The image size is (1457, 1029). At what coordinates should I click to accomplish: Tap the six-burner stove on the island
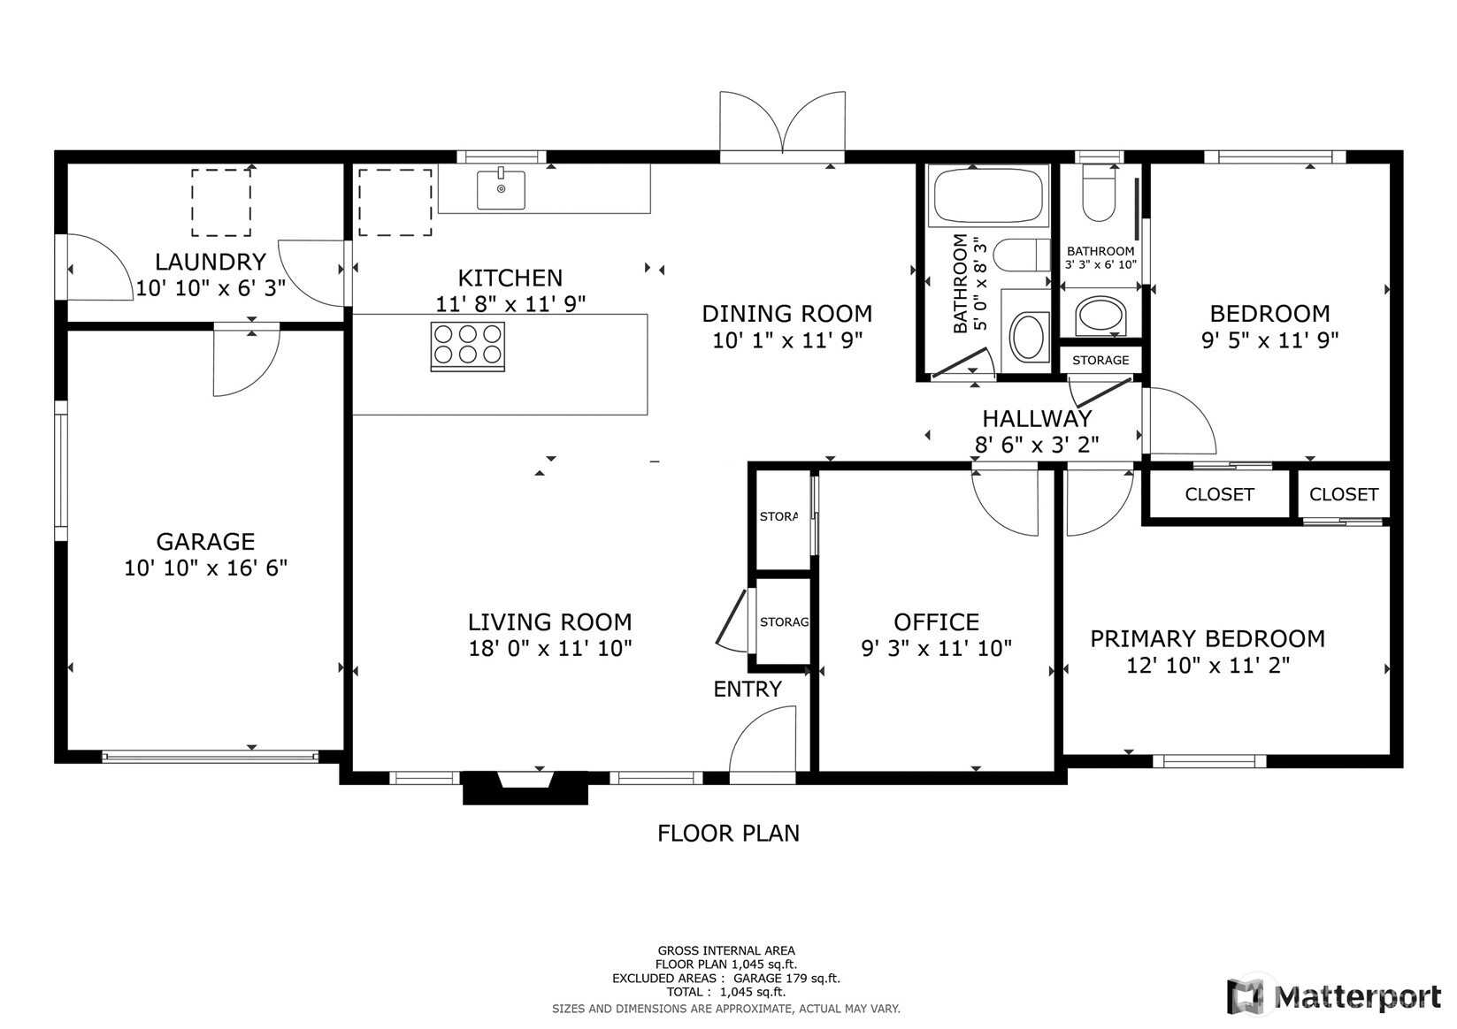468,347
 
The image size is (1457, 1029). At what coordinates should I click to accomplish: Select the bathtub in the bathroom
988,195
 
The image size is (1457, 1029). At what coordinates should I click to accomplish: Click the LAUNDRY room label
211,262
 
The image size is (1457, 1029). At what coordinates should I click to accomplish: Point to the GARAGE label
205,542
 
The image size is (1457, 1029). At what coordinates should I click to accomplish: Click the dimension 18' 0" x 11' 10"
550,648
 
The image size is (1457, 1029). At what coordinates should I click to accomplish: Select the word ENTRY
748,689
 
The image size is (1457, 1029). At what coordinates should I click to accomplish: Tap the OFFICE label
937,622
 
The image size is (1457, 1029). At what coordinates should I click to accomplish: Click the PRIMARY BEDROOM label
1208,638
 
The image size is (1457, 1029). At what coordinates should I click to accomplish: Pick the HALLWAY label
1037,418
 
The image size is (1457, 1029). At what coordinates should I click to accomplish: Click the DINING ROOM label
787,313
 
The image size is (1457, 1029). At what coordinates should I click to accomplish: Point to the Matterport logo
1335,995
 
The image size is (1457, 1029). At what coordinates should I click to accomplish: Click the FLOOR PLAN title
729,834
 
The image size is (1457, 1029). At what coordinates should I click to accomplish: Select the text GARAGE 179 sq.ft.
787,979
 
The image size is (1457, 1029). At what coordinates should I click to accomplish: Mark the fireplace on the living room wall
525,787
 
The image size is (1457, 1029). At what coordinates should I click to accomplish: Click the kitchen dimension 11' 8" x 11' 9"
510,303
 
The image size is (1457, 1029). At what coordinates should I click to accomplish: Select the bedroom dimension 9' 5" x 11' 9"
1270,339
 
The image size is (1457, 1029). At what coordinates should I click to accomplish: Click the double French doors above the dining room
783,124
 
